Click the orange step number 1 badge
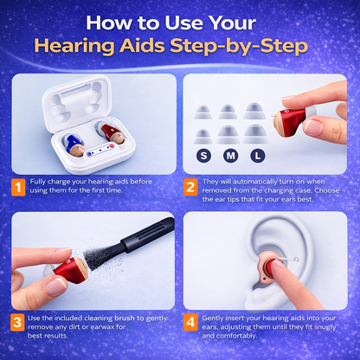(18, 188)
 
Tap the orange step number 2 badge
(190, 187)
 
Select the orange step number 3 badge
(17, 322)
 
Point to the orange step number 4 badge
(190, 322)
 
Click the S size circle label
(203, 156)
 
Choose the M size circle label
(230, 156)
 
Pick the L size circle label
(258, 156)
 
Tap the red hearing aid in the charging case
(111, 132)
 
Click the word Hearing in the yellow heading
(74, 46)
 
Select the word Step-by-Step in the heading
(239, 46)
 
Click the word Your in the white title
(232, 23)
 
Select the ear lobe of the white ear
(260, 300)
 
